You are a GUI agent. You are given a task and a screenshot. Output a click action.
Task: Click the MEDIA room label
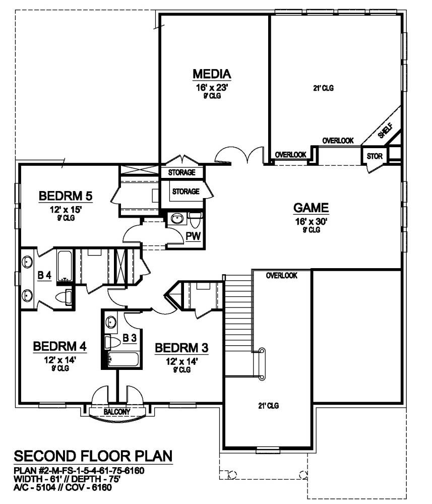(212, 74)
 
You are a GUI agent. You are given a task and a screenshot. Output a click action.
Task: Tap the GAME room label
(311, 208)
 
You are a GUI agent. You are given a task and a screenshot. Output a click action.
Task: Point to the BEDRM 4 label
(59, 347)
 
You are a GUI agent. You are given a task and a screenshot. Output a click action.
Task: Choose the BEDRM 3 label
(181, 348)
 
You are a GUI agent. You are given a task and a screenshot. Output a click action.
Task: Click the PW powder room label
(192, 236)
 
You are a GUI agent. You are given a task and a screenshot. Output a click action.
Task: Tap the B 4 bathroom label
(44, 275)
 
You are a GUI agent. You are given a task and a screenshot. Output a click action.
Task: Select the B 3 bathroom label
(130, 338)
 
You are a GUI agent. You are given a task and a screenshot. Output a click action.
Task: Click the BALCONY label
(117, 412)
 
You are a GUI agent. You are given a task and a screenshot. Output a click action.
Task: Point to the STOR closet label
(374, 156)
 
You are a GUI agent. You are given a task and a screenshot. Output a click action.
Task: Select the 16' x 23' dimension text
(212, 87)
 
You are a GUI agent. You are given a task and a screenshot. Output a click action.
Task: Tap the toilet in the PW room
(196, 220)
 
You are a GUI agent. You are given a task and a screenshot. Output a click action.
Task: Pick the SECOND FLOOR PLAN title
(93, 457)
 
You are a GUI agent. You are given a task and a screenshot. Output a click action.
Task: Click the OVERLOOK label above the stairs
(281, 276)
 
